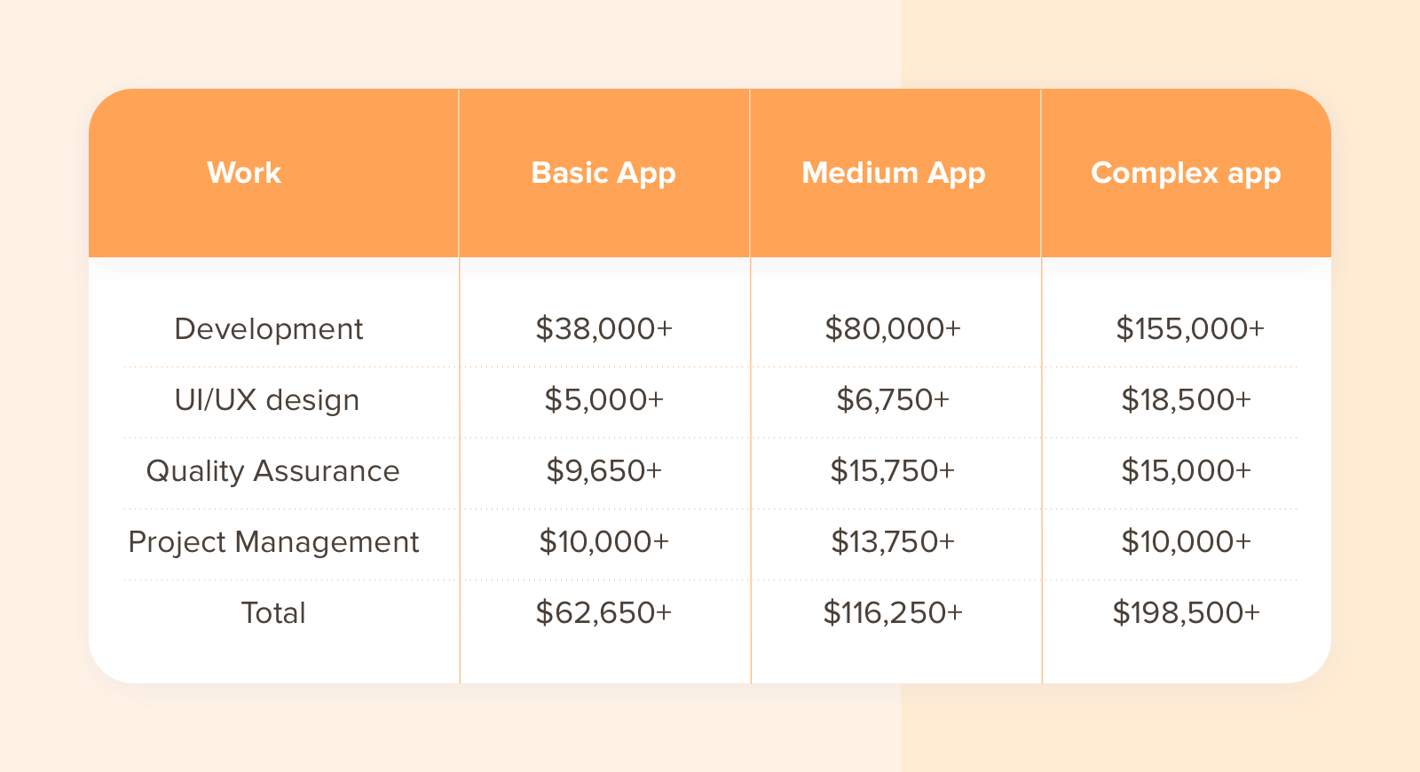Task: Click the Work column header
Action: [244, 172]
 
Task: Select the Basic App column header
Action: [603, 172]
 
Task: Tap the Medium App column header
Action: [894, 172]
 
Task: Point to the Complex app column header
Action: [1186, 172]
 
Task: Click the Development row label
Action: [269, 329]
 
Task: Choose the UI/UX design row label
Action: [267, 400]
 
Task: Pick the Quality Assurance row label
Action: [272, 471]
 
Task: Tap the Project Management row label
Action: [273, 542]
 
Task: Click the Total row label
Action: [273, 613]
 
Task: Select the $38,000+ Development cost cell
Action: [603, 329]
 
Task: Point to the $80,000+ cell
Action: [893, 329]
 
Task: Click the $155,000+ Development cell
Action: [1189, 329]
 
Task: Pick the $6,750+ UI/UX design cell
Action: [893, 400]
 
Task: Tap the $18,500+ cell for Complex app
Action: [1186, 400]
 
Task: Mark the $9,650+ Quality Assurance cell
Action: [603, 471]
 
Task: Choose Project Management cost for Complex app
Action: [1186, 542]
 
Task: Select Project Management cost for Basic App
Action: [603, 542]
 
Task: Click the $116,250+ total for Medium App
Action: [893, 613]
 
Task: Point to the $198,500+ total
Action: [1186, 613]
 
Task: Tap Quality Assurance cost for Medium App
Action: [893, 471]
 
